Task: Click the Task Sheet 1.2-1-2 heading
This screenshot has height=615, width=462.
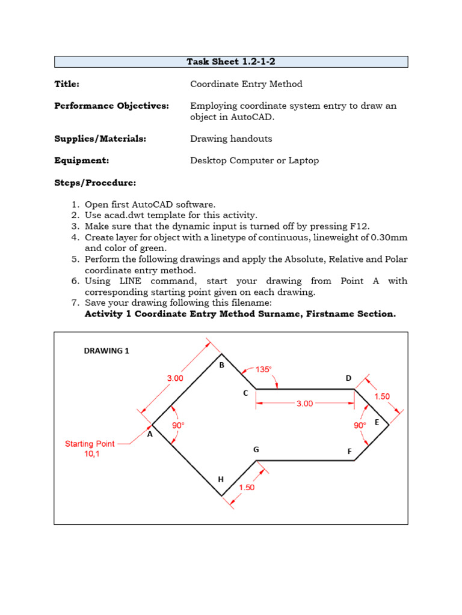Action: tap(231, 62)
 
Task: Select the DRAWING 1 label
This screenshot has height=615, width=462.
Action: tap(106, 351)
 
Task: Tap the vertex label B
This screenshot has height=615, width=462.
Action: tap(221, 365)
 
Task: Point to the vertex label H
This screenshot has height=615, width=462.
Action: tap(221, 479)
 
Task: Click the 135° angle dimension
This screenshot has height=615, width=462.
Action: tap(263, 369)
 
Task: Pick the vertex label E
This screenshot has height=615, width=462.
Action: tap(377, 422)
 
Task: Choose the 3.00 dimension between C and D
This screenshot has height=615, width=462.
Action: tap(304, 404)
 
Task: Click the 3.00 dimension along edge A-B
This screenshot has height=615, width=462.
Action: tap(175, 378)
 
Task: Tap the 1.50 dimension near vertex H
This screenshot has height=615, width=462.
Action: tap(247, 488)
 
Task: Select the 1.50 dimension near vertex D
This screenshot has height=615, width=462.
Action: tap(381, 396)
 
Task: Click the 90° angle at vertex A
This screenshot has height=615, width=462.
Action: tap(178, 425)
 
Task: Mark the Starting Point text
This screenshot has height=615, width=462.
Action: tap(90, 444)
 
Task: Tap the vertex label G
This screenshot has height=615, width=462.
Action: tap(256, 449)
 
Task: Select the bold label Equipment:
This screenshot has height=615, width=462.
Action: tap(81, 160)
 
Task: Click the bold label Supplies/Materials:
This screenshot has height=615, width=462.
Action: tap(100, 139)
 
